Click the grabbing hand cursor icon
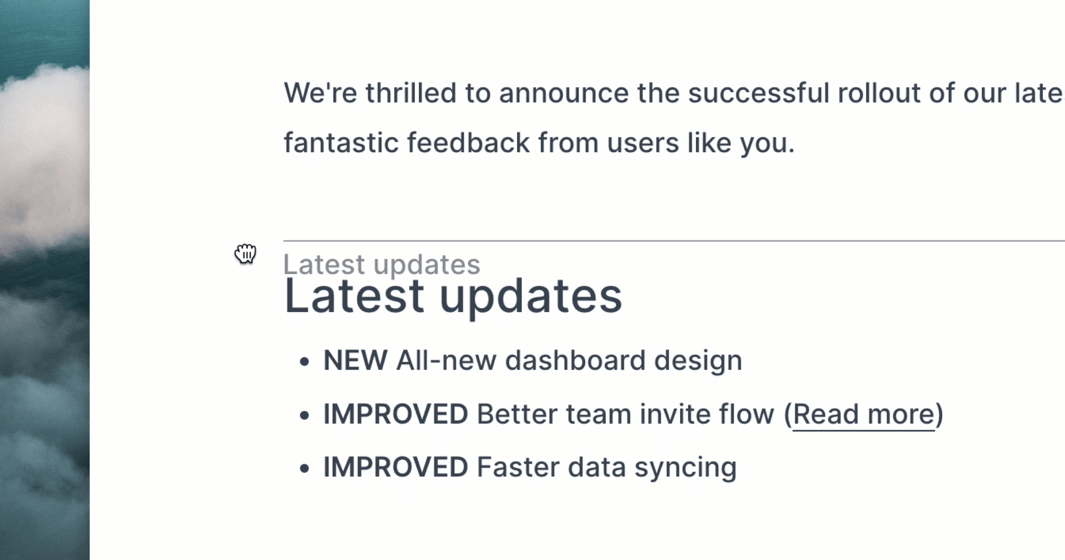(x=245, y=253)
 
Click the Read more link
(x=864, y=414)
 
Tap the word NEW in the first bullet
(x=355, y=360)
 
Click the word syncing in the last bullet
(x=685, y=468)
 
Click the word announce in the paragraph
(x=564, y=93)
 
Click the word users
(x=643, y=143)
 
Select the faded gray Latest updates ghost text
(x=382, y=265)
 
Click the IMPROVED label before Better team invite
(x=396, y=414)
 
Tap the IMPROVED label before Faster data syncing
(x=396, y=467)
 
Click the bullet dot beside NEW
(x=305, y=362)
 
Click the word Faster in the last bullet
(x=518, y=467)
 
